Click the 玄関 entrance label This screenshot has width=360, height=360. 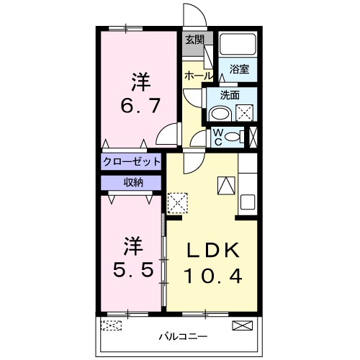194,40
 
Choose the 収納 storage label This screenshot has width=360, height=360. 132,182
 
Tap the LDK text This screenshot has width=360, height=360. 212,251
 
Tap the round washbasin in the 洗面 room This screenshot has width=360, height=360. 219,114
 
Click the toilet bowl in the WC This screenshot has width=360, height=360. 233,137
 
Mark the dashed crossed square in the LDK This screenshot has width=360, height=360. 177,202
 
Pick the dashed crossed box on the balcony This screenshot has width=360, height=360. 112,326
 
